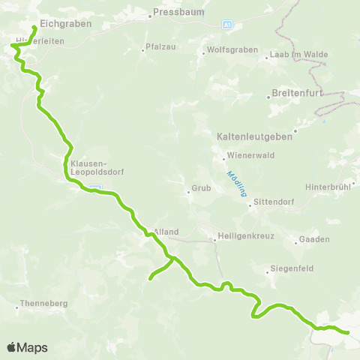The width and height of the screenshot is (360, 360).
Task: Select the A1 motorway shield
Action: [x=227, y=25]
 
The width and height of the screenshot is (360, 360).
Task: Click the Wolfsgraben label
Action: [x=227, y=52]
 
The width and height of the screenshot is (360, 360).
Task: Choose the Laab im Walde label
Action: [x=294, y=55]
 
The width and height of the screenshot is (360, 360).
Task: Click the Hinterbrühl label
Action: [x=328, y=186]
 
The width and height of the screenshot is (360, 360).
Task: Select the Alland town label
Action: [x=163, y=232]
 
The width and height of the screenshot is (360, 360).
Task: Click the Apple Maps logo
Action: [x=27, y=347]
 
